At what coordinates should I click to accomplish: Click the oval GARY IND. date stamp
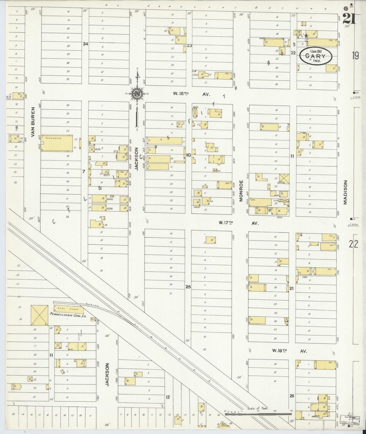click(316, 56)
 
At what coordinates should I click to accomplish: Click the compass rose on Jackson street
click(138, 93)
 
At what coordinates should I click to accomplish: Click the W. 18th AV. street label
click(290, 351)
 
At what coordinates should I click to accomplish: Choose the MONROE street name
click(241, 190)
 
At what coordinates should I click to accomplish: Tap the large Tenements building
click(57, 143)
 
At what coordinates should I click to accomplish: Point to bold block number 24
click(85, 44)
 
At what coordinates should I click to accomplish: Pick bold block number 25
click(188, 287)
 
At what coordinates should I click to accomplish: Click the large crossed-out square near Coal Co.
click(39, 315)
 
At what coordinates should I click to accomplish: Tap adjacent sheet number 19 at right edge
click(355, 55)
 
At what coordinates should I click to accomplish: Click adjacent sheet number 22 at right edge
click(354, 244)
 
